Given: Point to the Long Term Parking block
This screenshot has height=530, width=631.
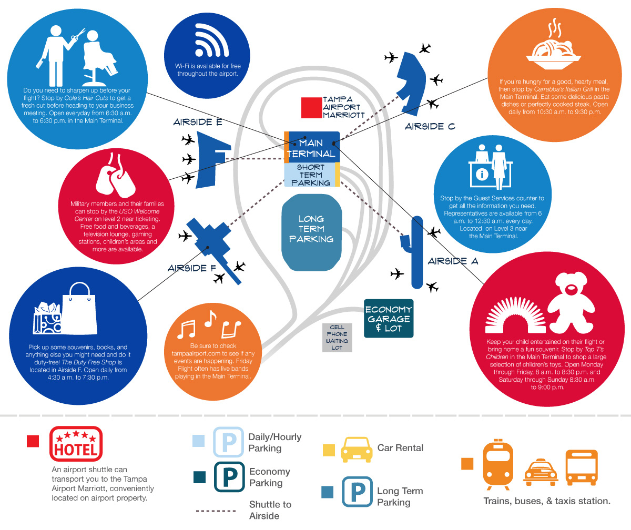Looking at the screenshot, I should (311, 230).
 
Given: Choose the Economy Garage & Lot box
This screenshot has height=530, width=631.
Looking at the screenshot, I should (389, 319).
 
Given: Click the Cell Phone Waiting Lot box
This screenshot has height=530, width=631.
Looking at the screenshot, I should (337, 338).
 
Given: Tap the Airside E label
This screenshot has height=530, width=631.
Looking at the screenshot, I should (198, 123).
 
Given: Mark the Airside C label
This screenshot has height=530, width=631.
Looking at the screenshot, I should (430, 127).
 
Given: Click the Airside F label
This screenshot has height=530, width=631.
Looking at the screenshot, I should (192, 268).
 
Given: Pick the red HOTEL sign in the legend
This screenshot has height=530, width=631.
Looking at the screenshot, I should (76, 444).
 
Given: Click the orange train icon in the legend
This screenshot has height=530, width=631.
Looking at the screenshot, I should (497, 463).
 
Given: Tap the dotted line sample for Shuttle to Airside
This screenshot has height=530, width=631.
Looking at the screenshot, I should (215, 511).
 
